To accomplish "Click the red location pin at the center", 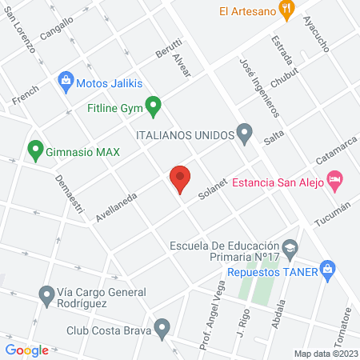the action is (180, 179).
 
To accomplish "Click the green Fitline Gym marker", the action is (155, 105).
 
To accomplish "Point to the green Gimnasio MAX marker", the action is (34, 149).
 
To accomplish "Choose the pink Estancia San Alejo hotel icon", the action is (335, 180).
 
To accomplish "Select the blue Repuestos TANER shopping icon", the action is (326, 270).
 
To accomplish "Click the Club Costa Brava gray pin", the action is (162, 327).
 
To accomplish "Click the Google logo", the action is (26, 350).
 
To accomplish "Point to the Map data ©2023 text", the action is (326, 354).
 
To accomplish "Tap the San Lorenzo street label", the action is (22, 31).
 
